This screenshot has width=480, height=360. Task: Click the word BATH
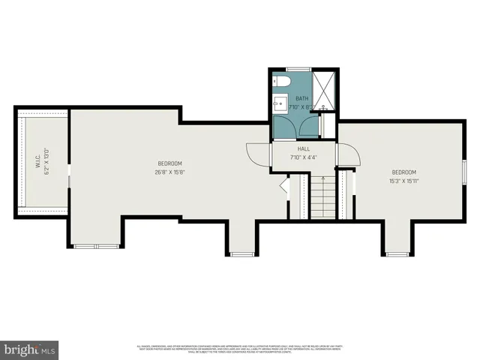coord(301,98)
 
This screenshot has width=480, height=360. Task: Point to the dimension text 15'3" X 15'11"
coord(403,181)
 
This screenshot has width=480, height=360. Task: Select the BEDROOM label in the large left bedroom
coord(169,163)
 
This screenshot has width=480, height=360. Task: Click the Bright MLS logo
coord(30,349)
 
